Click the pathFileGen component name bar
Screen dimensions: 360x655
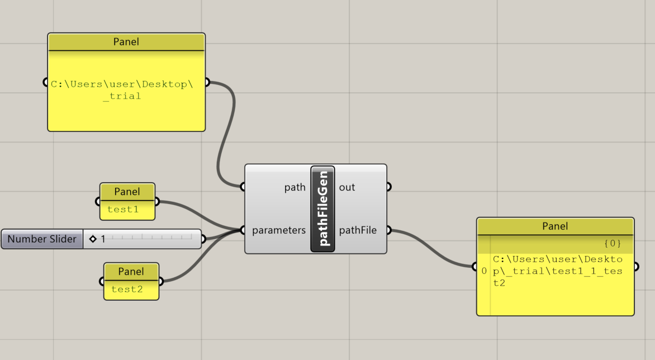point(322,209)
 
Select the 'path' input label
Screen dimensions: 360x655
point(295,187)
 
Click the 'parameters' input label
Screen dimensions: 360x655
point(278,230)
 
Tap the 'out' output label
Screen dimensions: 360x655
point(347,187)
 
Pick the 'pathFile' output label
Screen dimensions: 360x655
point(358,230)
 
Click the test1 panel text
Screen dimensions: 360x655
point(123,210)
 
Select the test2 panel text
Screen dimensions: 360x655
point(127,290)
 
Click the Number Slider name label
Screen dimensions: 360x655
point(42,239)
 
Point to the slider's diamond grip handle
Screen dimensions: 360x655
point(93,239)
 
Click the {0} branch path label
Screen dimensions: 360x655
point(613,244)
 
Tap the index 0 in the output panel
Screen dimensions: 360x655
point(484,271)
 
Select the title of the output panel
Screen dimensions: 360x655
point(555,226)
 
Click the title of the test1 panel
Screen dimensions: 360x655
point(127,192)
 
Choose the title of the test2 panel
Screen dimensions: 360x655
point(131,272)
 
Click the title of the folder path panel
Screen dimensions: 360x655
point(126,42)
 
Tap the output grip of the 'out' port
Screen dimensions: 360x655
point(388,187)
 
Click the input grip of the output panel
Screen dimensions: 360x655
point(474,266)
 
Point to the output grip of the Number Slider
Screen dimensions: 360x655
point(203,239)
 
